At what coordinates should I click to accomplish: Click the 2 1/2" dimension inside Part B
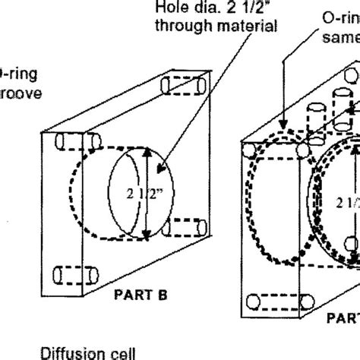click(131, 193)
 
